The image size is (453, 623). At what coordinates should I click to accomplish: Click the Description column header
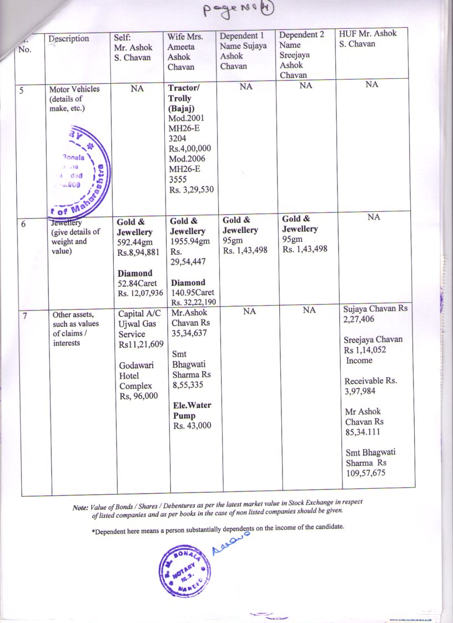click(68, 38)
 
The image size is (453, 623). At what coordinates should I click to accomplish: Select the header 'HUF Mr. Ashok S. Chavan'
click(368, 38)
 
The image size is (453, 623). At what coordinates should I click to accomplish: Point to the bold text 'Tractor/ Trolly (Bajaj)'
click(184, 98)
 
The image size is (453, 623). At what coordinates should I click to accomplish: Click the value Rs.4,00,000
click(190, 149)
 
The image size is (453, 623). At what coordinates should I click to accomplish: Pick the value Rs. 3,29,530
click(192, 190)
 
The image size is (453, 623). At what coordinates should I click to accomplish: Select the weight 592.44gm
click(134, 242)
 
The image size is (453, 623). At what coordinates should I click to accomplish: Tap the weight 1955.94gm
click(190, 241)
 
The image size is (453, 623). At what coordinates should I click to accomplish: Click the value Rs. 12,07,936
click(139, 293)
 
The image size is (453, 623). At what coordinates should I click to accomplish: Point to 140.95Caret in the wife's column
click(192, 292)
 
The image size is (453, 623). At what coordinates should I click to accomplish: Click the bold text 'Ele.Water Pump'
click(192, 410)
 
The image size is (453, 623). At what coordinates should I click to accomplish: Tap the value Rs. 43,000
click(192, 426)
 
